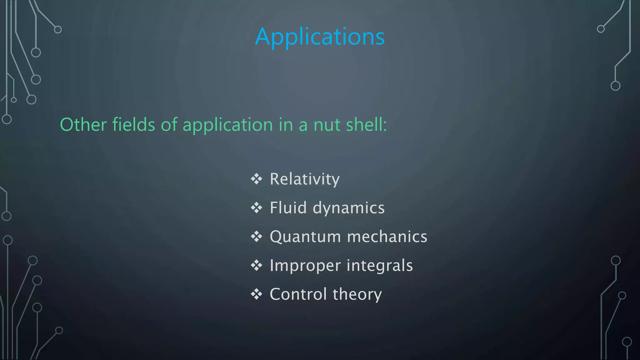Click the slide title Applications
point(320,37)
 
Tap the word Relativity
point(304,179)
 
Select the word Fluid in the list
point(288,208)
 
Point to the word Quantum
point(305,237)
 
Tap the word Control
point(298,294)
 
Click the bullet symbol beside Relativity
point(257,179)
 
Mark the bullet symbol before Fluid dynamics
point(257,208)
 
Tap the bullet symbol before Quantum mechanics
point(257,237)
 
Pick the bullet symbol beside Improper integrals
point(257,265)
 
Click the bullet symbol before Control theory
point(257,294)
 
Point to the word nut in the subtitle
point(326,125)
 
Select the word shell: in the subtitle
point(367,125)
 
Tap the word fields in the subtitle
point(133,125)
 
